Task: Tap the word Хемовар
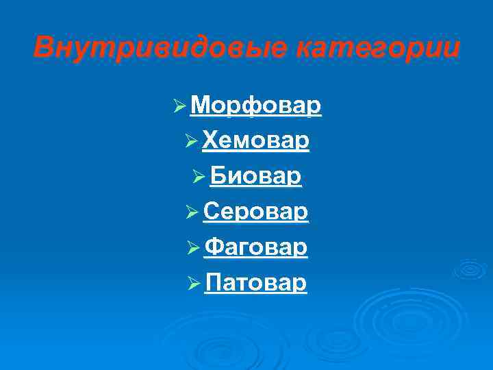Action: click(256, 141)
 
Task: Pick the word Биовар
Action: click(255, 177)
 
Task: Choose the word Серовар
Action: click(255, 212)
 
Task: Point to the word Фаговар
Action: click(256, 247)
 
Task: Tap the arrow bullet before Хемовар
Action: click(191, 143)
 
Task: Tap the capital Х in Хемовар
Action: click(210, 141)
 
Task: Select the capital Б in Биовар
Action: click(217, 177)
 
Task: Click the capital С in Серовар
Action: click(211, 212)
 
